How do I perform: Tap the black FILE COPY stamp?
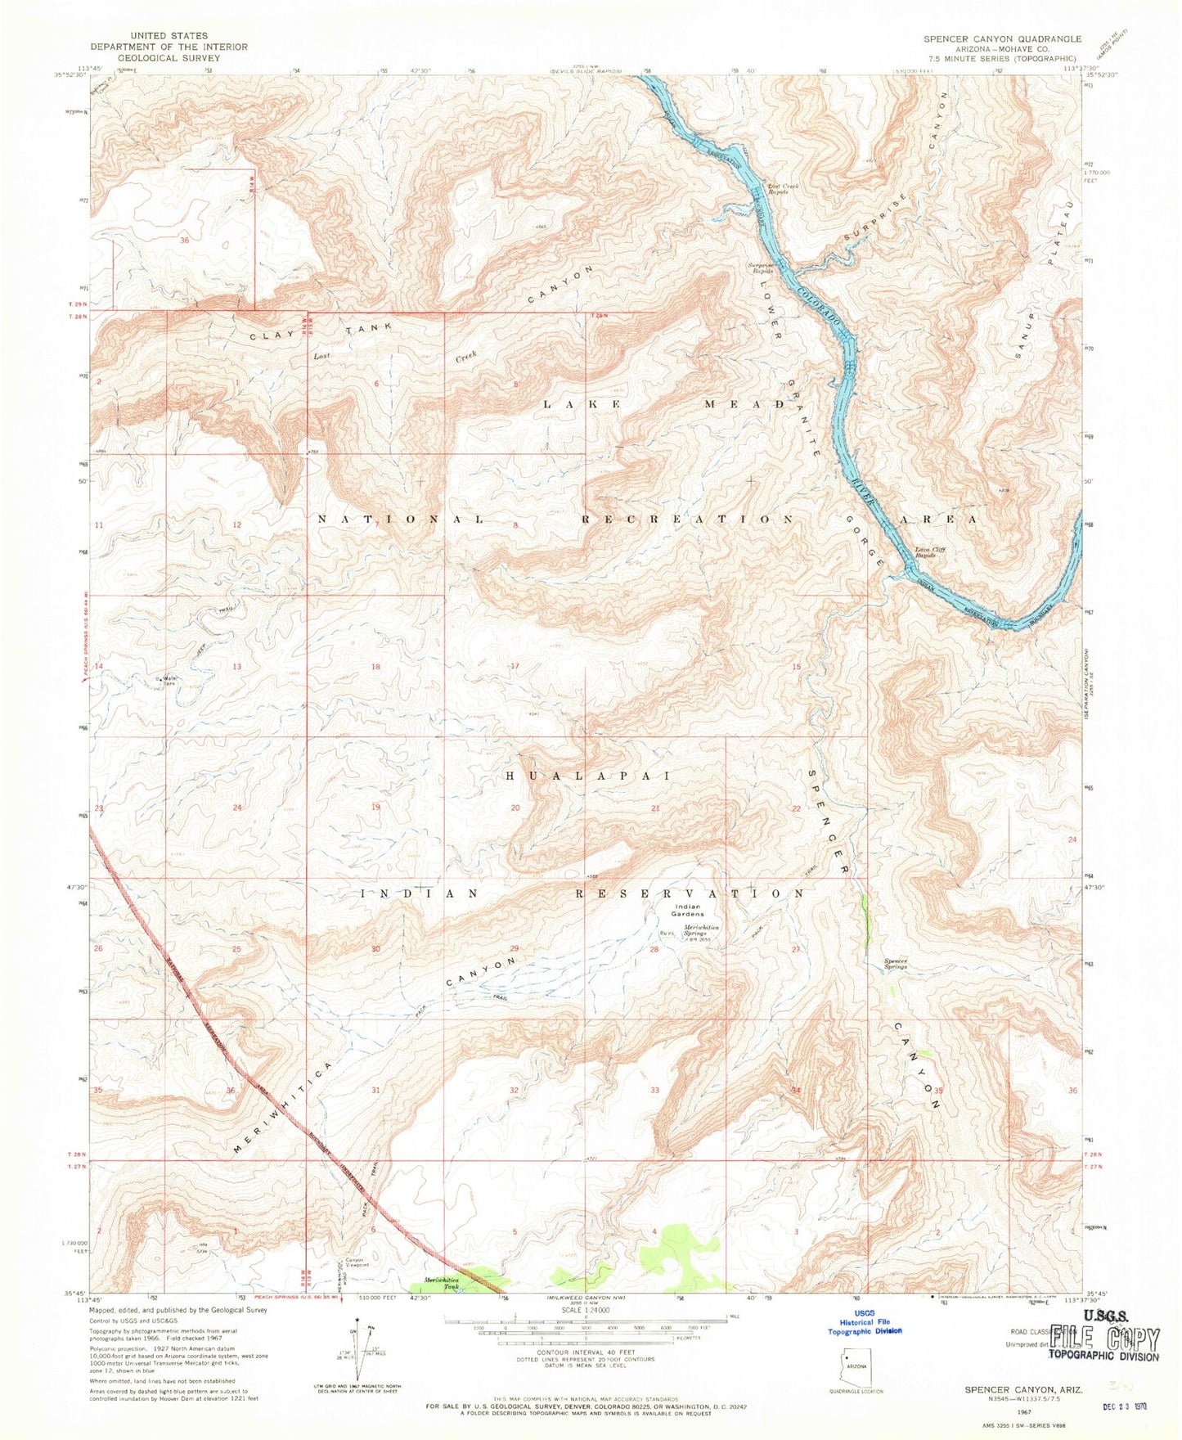click(x=1104, y=1340)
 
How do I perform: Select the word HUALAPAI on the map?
click(x=589, y=775)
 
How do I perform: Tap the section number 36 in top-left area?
click(x=185, y=241)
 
